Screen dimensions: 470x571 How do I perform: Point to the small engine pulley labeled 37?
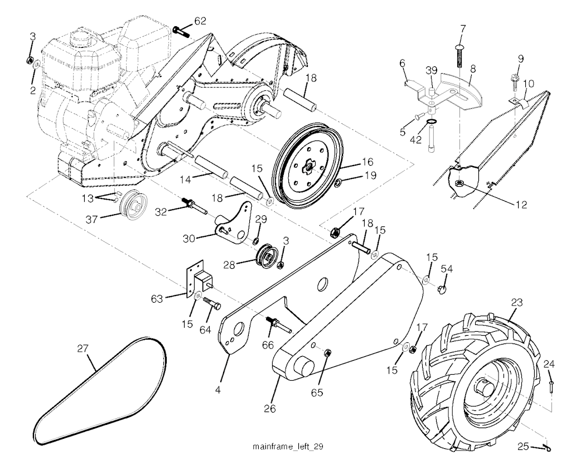pos(132,205)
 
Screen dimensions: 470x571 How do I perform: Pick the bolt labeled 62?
pos(181,31)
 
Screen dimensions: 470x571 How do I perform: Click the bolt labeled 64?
pos(211,304)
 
